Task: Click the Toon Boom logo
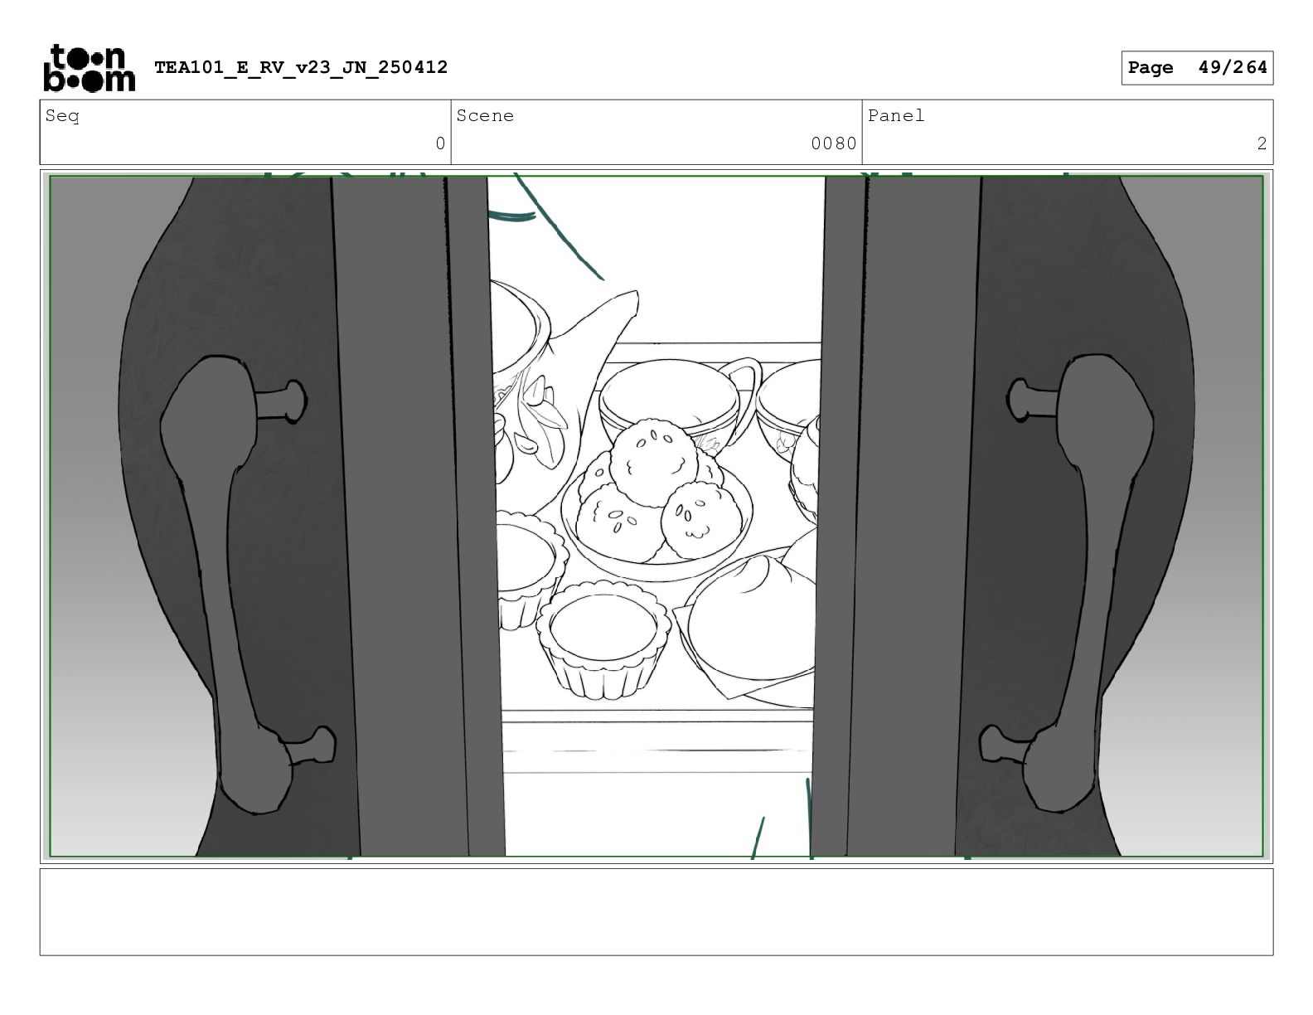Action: [x=90, y=68]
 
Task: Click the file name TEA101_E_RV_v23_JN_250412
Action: [x=301, y=67]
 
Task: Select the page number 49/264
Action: [x=1233, y=67]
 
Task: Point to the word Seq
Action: [x=62, y=115]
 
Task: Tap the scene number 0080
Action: [x=833, y=144]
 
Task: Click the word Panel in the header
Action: [x=896, y=115]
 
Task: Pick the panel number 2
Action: [x=1262, y=144]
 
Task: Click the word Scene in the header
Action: [x=485, y=115]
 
